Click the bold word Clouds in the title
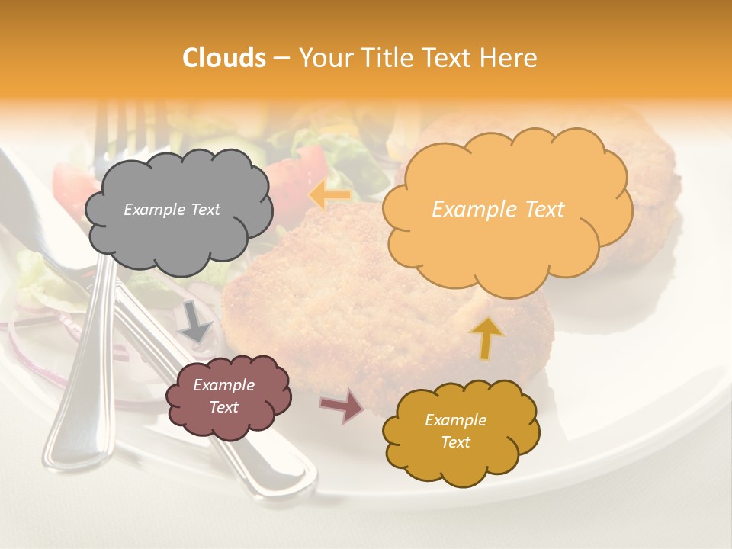[x=224, y=58]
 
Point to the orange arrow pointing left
[x=329, y=194]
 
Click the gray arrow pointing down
[x=195, y=322]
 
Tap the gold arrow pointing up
[x=486, y=338]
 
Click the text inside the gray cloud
[x=172, y=210]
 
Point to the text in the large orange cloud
[x=498, y=210]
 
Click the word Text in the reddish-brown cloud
[x=224, y=407]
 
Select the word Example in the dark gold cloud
[x=455, y=420]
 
